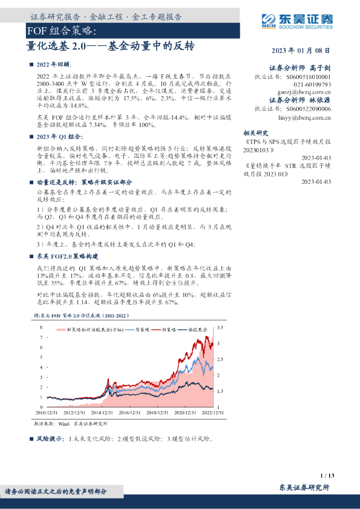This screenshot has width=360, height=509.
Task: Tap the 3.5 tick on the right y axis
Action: click(x=220, y=328)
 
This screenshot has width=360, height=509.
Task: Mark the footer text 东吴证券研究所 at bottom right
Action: click(x=304, y=487)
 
